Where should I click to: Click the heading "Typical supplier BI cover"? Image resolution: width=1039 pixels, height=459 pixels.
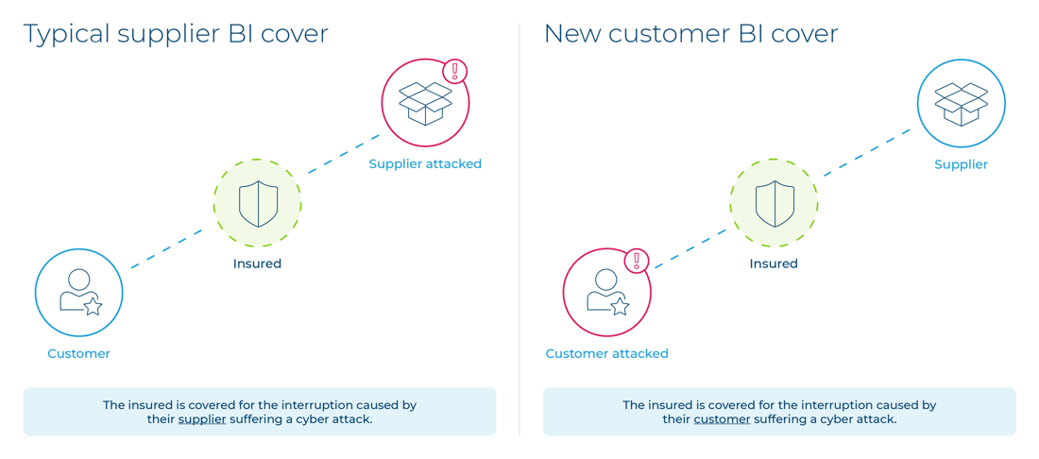[x=176, y=35]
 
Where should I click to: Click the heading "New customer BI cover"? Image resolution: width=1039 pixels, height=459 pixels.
[x=691, y=35]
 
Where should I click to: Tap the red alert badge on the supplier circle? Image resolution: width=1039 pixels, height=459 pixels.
[x=455, y=71]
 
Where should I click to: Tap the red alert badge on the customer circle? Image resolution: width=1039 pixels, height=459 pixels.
[x=638, y=261]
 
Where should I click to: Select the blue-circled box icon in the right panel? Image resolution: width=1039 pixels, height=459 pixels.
[x=961, y=101]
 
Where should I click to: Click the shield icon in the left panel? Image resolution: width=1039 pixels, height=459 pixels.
[x=257, y=204]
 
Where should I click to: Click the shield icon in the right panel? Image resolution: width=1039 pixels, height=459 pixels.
[x=774, y=204]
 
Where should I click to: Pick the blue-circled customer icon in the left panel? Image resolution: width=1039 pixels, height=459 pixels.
[x=78, y=293]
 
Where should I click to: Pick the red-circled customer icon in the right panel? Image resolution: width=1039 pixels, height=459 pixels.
[x=605, y=293]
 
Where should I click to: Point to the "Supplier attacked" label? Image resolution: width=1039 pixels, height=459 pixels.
[x=425, y=163]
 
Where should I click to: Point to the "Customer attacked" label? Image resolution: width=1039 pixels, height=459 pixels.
[x=605, y=354]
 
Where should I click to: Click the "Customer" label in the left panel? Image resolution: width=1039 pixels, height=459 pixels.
[x=78, y=354]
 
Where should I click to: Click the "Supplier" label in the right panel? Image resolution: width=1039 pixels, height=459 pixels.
[x=961, y=163]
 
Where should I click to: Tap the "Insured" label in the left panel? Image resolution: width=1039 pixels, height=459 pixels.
[x=257, y=264]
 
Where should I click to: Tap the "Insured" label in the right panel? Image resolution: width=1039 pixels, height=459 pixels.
[x=774, y=264]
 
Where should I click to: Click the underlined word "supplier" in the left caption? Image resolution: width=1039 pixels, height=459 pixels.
[x=202, y=419]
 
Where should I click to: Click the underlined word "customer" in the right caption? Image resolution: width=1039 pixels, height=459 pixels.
[x=722, y=419]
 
